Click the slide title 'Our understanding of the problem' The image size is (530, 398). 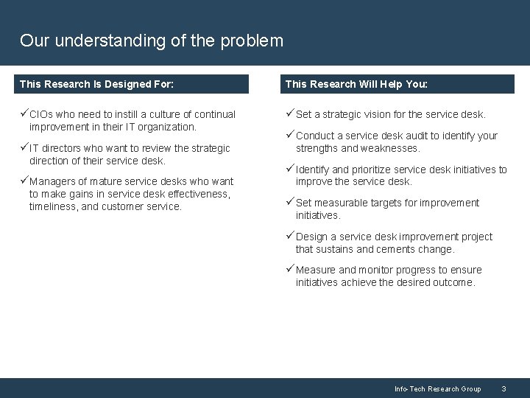point(151,41)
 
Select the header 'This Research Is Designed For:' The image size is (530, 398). point(96,84)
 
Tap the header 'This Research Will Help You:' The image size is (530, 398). point(356,84)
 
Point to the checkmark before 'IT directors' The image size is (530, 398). point(24,148)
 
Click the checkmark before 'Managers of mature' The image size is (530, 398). point(24,181)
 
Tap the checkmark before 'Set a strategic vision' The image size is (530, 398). point(290,114)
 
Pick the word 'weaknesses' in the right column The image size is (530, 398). point(390,148)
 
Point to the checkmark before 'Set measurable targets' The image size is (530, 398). point(290,203)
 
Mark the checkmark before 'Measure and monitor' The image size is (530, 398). point(290,270)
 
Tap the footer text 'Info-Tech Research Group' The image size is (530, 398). point(437,388)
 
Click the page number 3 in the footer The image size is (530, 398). point(504,388)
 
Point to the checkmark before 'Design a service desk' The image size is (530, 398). point(290,237)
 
